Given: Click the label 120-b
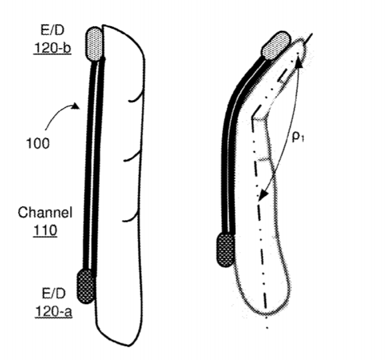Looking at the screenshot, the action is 53,48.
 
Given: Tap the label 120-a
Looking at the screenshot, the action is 53,311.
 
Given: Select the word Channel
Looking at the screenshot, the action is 45,213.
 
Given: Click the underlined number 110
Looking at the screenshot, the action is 45,231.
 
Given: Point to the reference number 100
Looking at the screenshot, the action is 38,143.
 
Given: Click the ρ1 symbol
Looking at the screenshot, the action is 298,137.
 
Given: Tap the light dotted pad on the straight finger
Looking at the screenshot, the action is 95,44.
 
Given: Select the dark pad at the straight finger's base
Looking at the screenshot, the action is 86,286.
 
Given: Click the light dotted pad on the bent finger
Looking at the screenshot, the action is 276,45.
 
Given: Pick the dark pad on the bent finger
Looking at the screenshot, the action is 226,249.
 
